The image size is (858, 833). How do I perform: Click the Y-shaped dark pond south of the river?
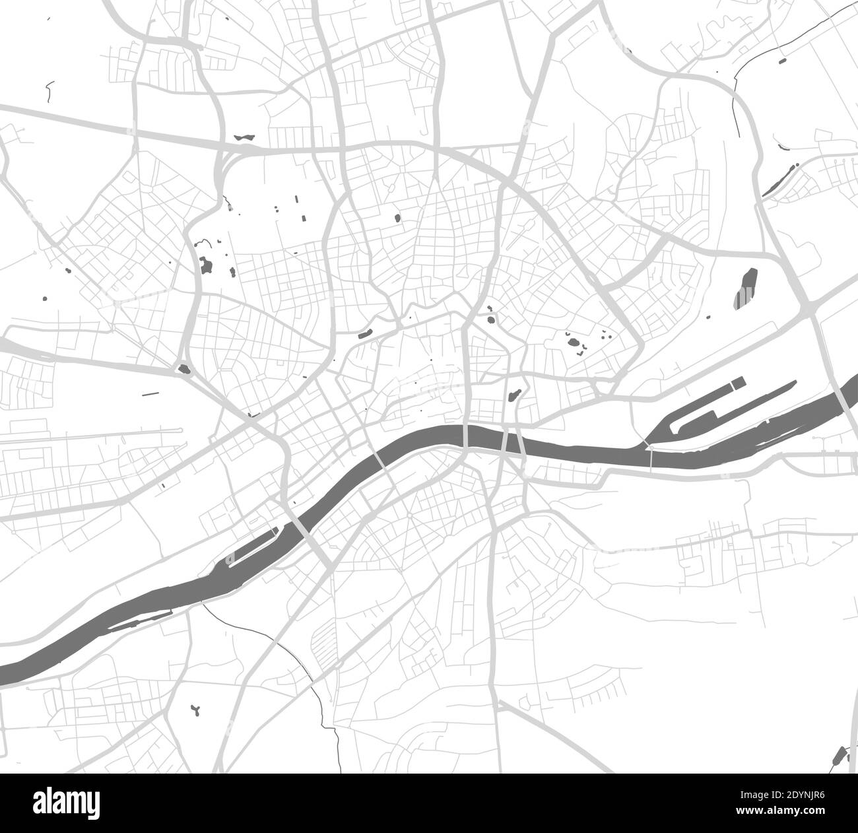[x=196, y=710]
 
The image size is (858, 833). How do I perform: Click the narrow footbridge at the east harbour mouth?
[x=650, y=458]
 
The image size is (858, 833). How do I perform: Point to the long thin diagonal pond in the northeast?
[x=779, y=177]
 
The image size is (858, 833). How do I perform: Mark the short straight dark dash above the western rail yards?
[x=150, y=394]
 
